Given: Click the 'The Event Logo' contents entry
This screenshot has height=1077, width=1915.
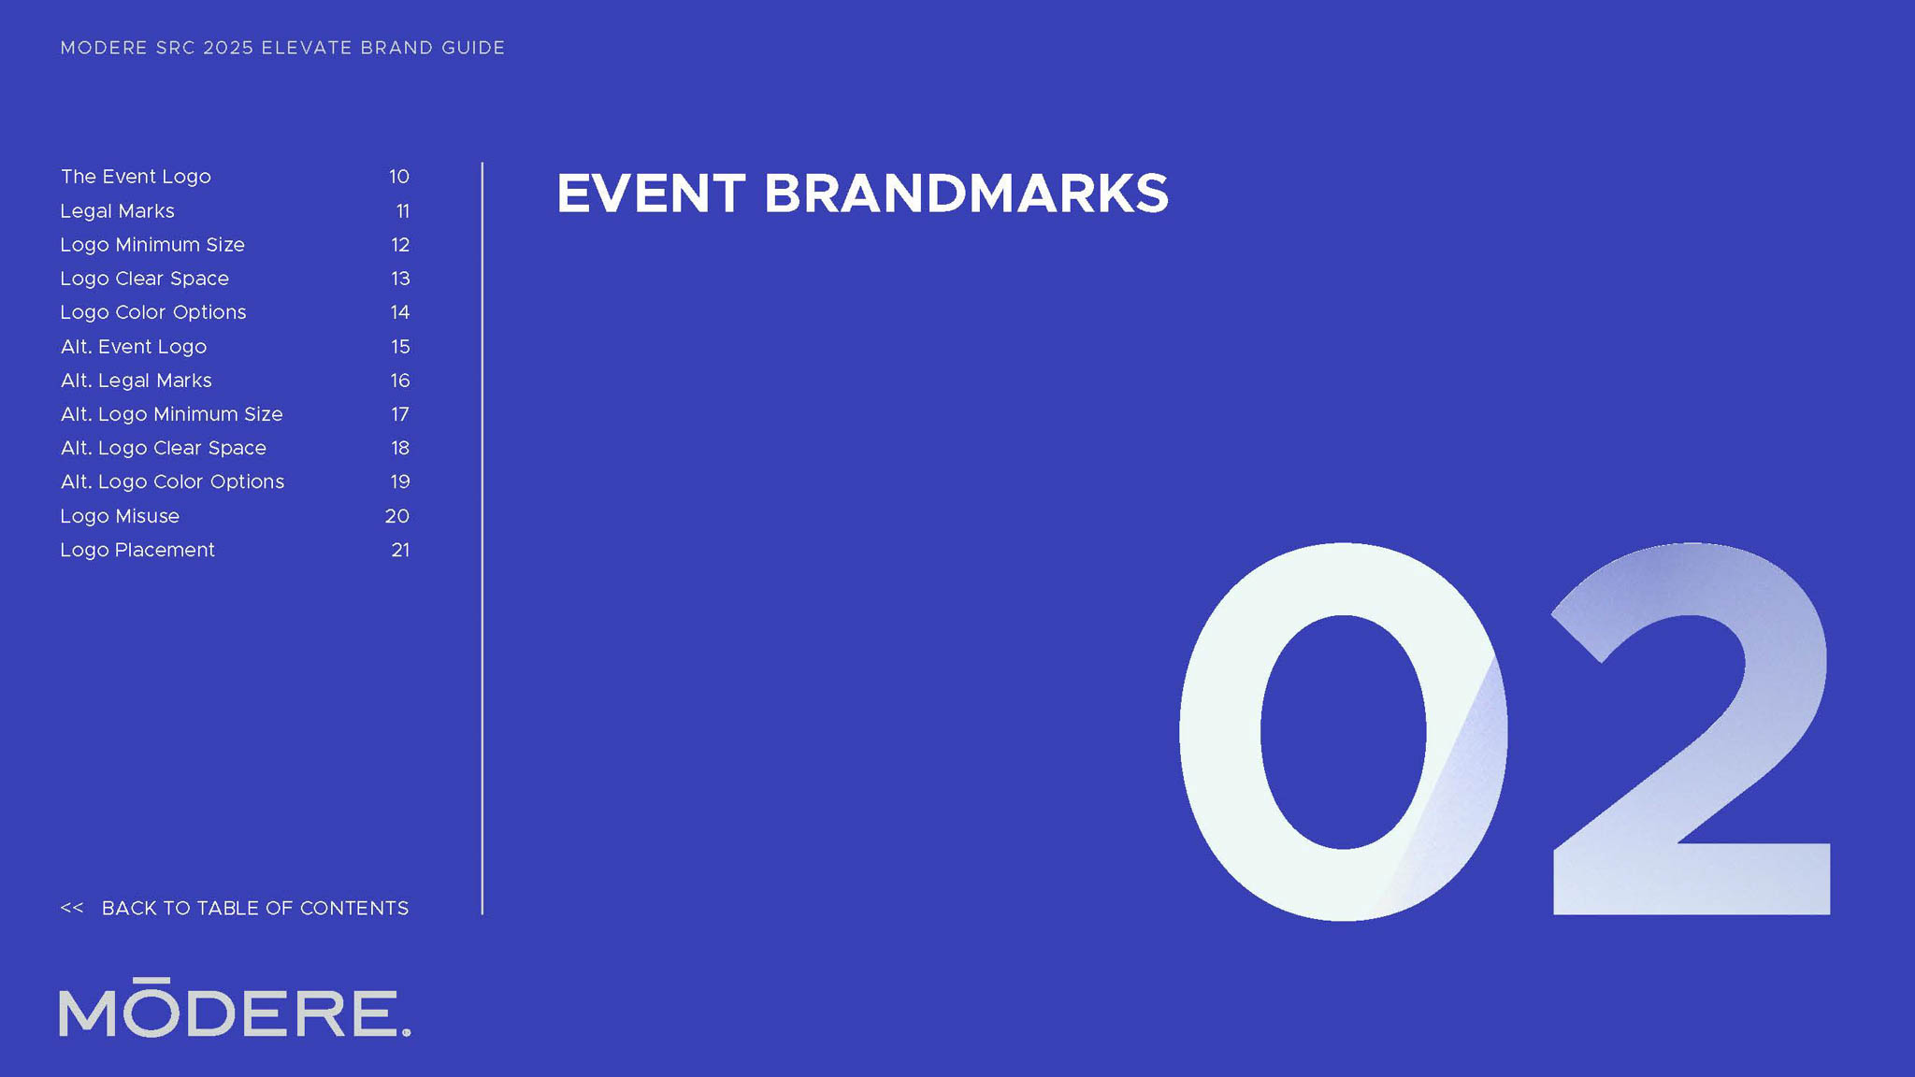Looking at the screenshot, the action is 136,177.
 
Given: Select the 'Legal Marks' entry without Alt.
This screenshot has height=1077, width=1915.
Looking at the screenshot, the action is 117,211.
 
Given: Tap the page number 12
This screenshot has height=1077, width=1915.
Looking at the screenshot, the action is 400,245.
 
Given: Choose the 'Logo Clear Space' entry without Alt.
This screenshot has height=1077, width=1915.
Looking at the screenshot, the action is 144,279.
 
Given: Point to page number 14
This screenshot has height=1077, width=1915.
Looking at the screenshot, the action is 400,312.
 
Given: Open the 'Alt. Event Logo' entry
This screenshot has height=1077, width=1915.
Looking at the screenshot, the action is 134,347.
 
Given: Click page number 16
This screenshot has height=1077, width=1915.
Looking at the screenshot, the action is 400,381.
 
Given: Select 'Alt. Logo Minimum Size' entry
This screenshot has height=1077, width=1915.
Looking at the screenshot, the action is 171,414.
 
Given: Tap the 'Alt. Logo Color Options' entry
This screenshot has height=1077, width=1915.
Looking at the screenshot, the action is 172,481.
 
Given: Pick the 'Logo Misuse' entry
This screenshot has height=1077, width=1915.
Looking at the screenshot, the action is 120,516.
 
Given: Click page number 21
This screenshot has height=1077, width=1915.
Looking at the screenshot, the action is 400,550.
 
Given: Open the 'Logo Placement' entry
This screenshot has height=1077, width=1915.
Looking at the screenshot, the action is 137,550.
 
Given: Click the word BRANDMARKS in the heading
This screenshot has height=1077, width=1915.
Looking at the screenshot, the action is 966,194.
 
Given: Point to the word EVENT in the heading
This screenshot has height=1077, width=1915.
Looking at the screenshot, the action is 651,194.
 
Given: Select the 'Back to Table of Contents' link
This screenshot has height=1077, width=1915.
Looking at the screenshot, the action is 235,908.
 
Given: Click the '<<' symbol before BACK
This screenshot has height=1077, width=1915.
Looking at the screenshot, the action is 72,908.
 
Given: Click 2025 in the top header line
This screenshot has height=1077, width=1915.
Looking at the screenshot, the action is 228,48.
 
